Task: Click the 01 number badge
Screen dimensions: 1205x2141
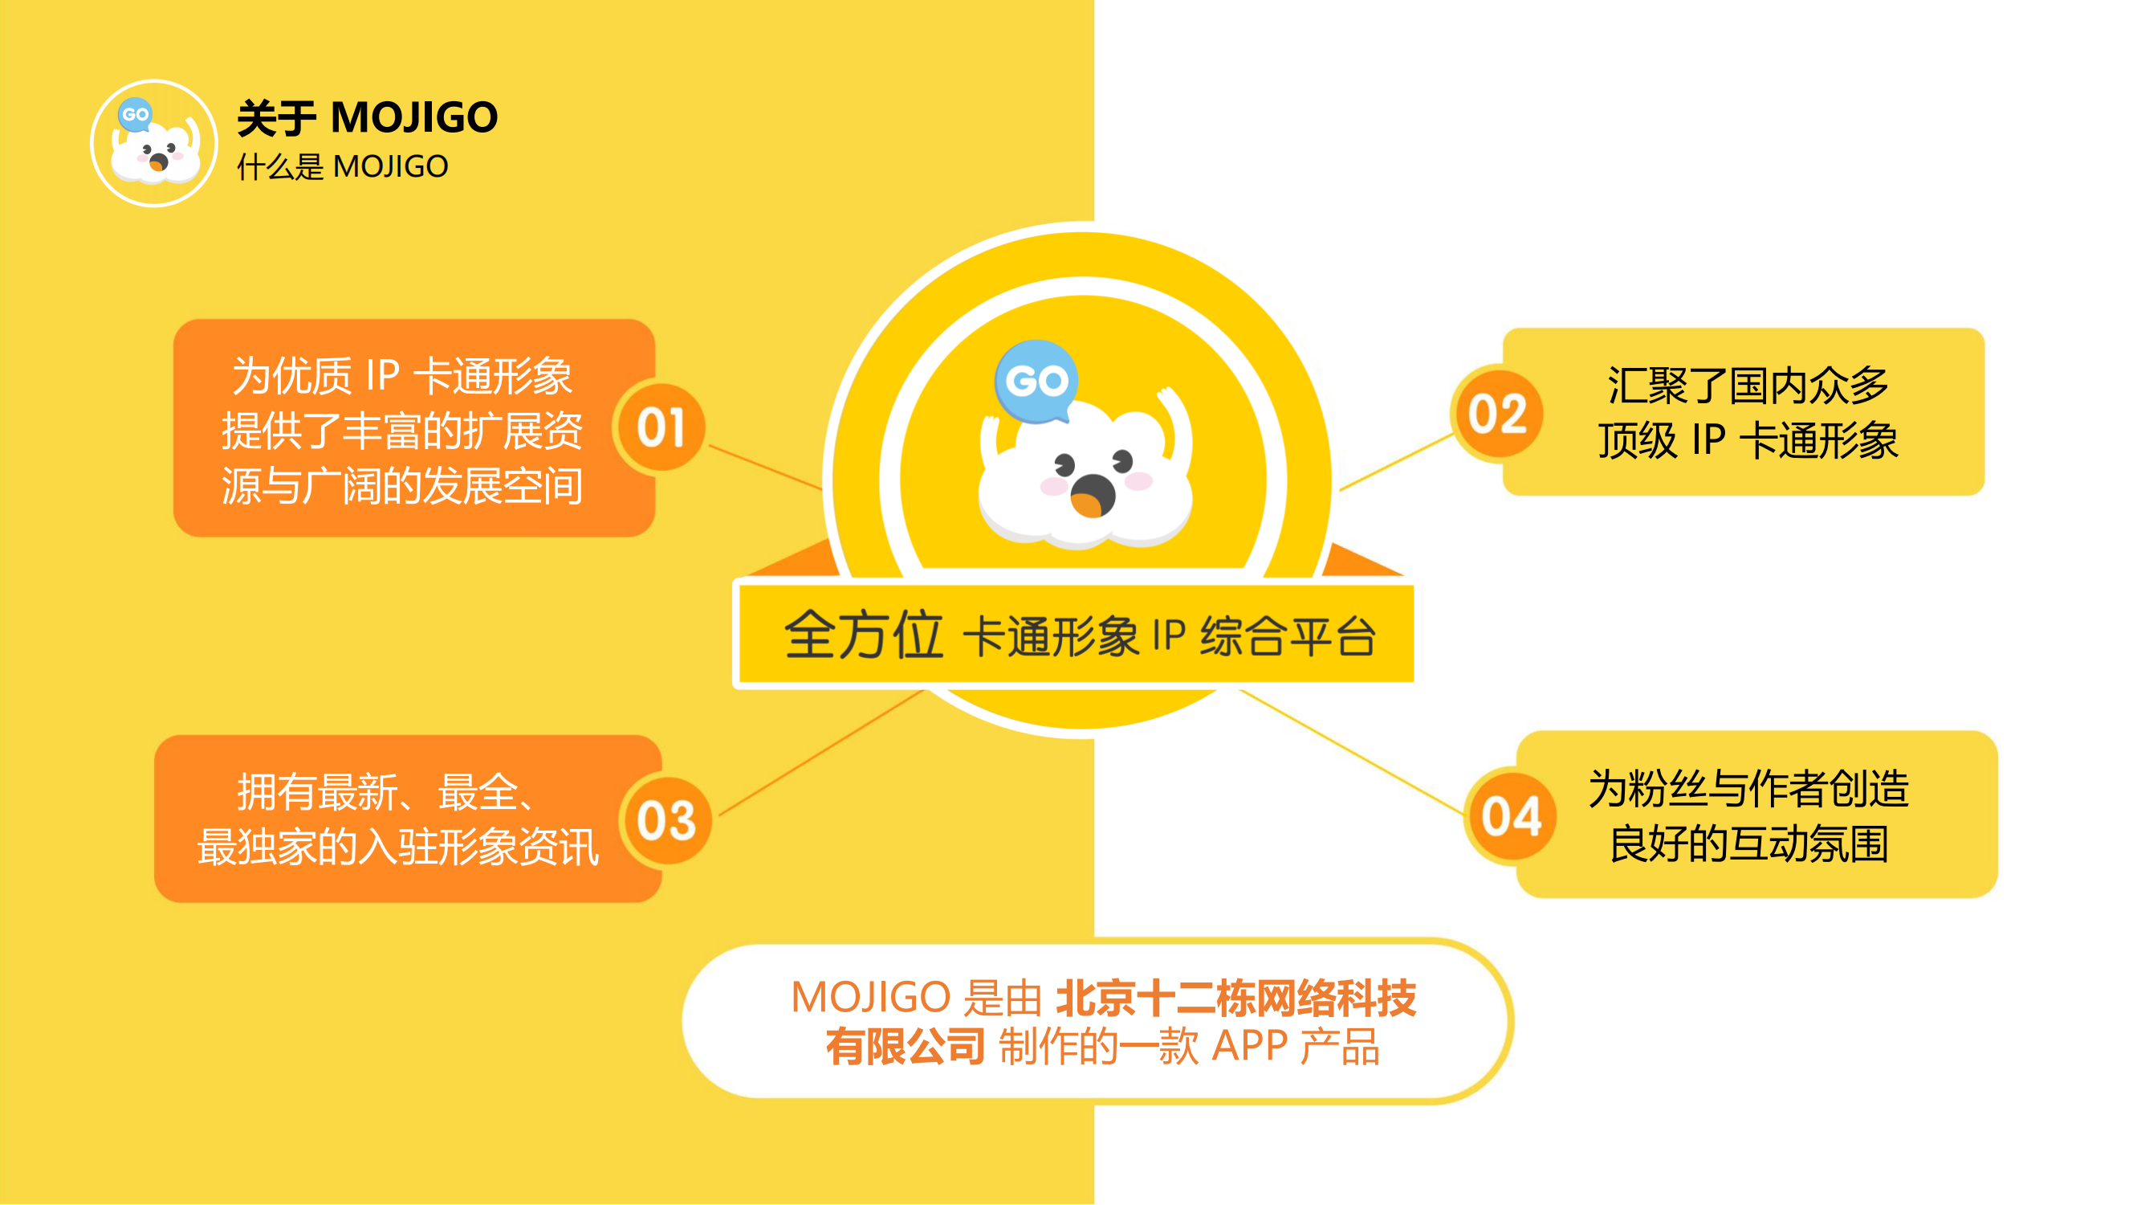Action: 661,427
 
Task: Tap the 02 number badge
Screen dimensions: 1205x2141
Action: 1497,413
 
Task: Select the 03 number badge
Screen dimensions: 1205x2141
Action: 666,821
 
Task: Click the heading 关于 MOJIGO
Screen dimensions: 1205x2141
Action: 368,117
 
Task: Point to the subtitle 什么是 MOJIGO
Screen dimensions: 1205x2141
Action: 343,167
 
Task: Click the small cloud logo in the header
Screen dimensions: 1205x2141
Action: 155,144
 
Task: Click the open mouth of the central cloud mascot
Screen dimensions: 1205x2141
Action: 1091,497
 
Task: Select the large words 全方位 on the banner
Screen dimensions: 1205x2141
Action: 864,635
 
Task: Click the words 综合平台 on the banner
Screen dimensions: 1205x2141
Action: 1288,637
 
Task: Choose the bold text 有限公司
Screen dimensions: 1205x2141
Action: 905,1046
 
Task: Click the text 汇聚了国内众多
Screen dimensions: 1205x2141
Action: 1747,386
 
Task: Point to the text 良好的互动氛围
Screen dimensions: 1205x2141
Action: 1748,844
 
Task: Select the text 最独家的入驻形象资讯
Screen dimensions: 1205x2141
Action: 397,848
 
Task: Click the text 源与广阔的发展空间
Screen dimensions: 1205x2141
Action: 402,486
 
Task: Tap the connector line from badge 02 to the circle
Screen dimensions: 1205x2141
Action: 1396,463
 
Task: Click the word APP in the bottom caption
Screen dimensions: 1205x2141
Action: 1249,1046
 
